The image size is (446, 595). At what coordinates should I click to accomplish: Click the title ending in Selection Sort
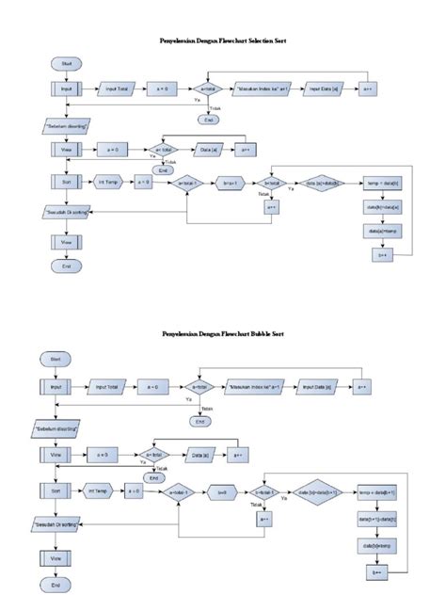click(223, 41)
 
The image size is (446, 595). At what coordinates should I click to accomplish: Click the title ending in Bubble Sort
click(223, 334)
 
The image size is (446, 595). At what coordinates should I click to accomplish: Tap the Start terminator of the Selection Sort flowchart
click(66, 62)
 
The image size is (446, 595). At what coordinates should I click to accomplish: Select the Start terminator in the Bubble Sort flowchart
click(56, 359)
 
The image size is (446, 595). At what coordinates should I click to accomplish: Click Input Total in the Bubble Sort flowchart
click(110, 386)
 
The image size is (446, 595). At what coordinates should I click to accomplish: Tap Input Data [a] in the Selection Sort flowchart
click(320, 88)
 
